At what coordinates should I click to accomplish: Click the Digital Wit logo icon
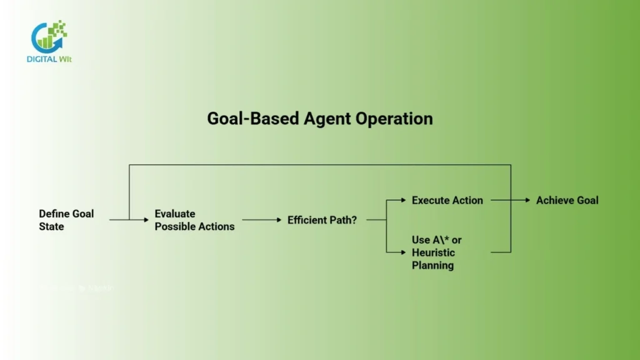tap(49, 36)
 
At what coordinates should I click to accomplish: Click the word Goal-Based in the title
tap(246, 119)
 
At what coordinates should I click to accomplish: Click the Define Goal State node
tap(66, 220)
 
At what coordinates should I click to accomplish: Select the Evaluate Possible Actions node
tap(194, 220)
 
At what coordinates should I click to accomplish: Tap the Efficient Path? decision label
tap(322, 220)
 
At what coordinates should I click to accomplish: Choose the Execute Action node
tap(447, 201)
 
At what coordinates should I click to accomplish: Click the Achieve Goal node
tap(567, 201)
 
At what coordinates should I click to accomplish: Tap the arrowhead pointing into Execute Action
tap(403, 201)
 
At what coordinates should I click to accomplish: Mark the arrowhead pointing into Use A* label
tap(403, 252)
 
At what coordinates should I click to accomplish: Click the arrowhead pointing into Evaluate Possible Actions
tap(147, 220)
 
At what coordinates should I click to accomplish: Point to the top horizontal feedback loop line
tap(319, 165)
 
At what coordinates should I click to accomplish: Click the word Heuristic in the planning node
tap(433, 252)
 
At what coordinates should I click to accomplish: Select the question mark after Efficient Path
tap(354, 220)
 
